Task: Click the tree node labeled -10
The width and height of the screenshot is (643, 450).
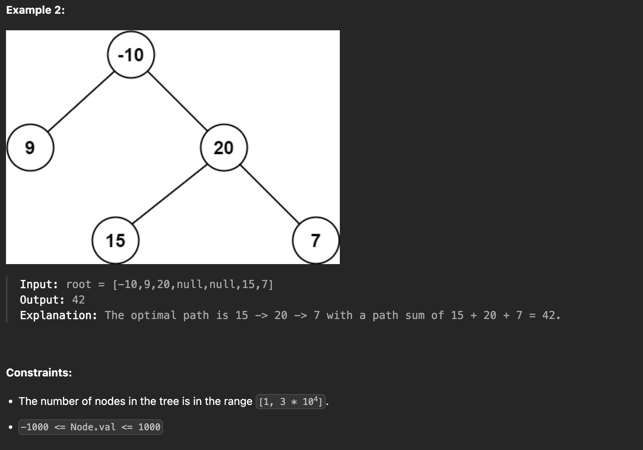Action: point(131,55)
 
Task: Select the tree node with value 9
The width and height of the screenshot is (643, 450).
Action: point(30,148)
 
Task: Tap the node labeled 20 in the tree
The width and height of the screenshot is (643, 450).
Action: point(224,148)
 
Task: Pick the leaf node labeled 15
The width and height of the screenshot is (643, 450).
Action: point(116,240)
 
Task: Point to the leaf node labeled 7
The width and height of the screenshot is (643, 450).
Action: point(316,240)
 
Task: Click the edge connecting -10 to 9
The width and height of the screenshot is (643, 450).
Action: point(81,102)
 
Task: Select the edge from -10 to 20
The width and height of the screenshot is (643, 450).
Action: point(177,101)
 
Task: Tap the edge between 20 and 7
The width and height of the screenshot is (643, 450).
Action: point(270,194)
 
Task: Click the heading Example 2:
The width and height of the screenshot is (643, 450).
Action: point(36,10)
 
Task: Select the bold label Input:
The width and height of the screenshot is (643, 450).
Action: point(39,284)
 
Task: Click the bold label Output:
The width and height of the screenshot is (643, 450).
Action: point(42,300)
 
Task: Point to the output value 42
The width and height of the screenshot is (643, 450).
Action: point(78,300)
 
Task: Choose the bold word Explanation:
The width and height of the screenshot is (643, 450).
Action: point(58,315)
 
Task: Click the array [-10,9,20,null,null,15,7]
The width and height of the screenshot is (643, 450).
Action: point(193,284)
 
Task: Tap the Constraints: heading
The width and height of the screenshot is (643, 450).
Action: point(39,373)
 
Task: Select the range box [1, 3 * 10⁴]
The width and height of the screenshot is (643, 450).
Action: point(291,401)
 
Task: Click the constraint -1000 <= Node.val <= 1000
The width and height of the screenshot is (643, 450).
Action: point(90,427)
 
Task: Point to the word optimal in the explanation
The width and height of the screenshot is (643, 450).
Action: point(154,315)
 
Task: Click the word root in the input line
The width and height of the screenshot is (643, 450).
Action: point(79,284)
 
